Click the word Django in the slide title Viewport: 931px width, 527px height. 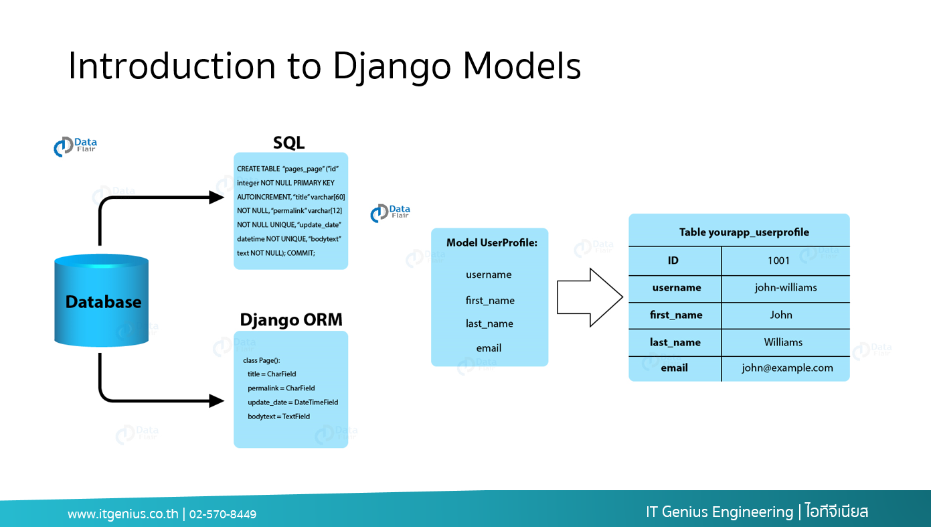[392, 66]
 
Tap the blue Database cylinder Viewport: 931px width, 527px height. [102, 300]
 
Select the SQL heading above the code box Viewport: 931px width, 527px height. [289, 142]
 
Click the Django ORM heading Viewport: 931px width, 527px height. [291, 319]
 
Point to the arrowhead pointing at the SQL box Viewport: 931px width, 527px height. [216, 197]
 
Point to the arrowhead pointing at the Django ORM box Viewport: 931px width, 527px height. [216, 400]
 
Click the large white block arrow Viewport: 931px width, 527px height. [590, 297]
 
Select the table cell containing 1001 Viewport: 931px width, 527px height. [786, 260]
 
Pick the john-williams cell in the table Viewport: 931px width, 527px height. [786, 288]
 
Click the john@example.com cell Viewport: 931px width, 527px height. [786, 368]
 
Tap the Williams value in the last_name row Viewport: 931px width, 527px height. [783, 342]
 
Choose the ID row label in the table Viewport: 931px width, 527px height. [673, 260]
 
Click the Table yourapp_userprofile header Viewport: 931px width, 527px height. [744, 232]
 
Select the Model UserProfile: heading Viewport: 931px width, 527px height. [492, 242]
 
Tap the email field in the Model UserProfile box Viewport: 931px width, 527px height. [489, 348]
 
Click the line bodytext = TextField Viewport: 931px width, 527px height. [278, 417]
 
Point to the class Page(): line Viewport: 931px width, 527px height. [262, 360]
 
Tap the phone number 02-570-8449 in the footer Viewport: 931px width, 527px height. [223, 514]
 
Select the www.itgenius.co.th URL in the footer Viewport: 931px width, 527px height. [123, 514]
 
